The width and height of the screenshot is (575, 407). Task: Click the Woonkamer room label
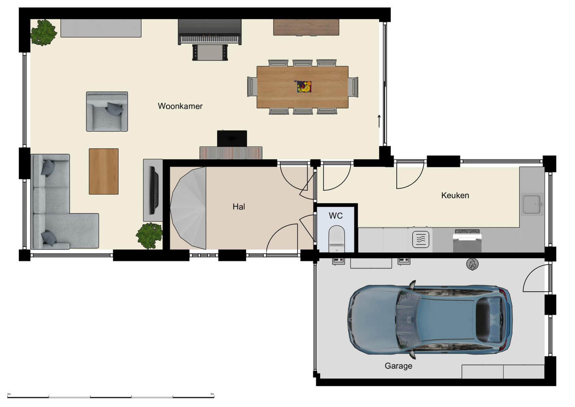pos(180,106)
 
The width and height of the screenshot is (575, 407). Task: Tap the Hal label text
pos(239,207)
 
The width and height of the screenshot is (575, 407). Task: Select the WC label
pos(336,216)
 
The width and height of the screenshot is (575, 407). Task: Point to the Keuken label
pos(455,195)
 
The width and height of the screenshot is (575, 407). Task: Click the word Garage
pos(398,366)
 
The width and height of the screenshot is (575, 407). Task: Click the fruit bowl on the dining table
pos(304,87)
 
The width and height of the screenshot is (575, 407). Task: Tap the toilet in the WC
pos(337,237)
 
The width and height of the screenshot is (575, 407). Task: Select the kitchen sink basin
pos(531,204)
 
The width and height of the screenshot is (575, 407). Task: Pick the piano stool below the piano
pos(210,53)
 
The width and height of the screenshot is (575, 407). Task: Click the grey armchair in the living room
pos(107,112)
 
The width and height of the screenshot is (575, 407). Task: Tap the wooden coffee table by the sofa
pos(104,171)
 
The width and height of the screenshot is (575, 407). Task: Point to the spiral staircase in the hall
pos(189,208)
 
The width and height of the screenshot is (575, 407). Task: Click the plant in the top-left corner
pos(43,33)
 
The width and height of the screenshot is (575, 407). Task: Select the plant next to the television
pos(149,235)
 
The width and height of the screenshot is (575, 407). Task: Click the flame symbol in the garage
pos(472,264)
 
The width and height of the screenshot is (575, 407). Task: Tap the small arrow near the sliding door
pos(379,121)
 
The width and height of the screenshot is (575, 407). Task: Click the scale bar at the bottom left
pos(111,396)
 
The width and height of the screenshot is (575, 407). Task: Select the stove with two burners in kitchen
pos(468,233)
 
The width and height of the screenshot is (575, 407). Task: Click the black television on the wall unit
pos(154,190)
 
